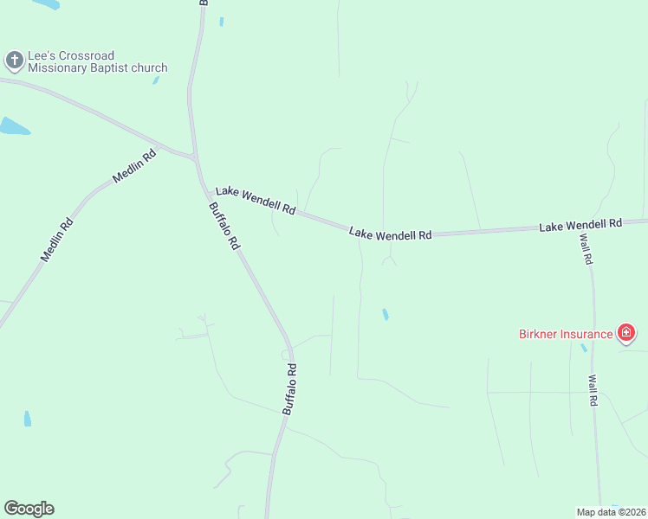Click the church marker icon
pos(14,61)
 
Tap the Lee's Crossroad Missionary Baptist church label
pos(97,61)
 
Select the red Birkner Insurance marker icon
pos(626,332)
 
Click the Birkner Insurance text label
pos(565,333)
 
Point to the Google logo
pos(29,509)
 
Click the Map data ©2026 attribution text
pos(610,512)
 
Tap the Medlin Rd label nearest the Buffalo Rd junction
pos(134,167)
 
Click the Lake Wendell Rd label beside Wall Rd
pos(580,225)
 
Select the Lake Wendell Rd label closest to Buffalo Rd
pos(256,200)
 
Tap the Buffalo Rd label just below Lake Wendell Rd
pos(224,227)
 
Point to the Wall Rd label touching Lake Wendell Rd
pos(586,247)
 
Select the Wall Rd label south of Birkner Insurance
pos(593,390)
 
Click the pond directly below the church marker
pos(14,126)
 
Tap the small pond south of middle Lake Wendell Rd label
pos(385,314)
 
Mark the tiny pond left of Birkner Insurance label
pos(584,348)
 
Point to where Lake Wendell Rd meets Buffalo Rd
pos(196,158)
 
